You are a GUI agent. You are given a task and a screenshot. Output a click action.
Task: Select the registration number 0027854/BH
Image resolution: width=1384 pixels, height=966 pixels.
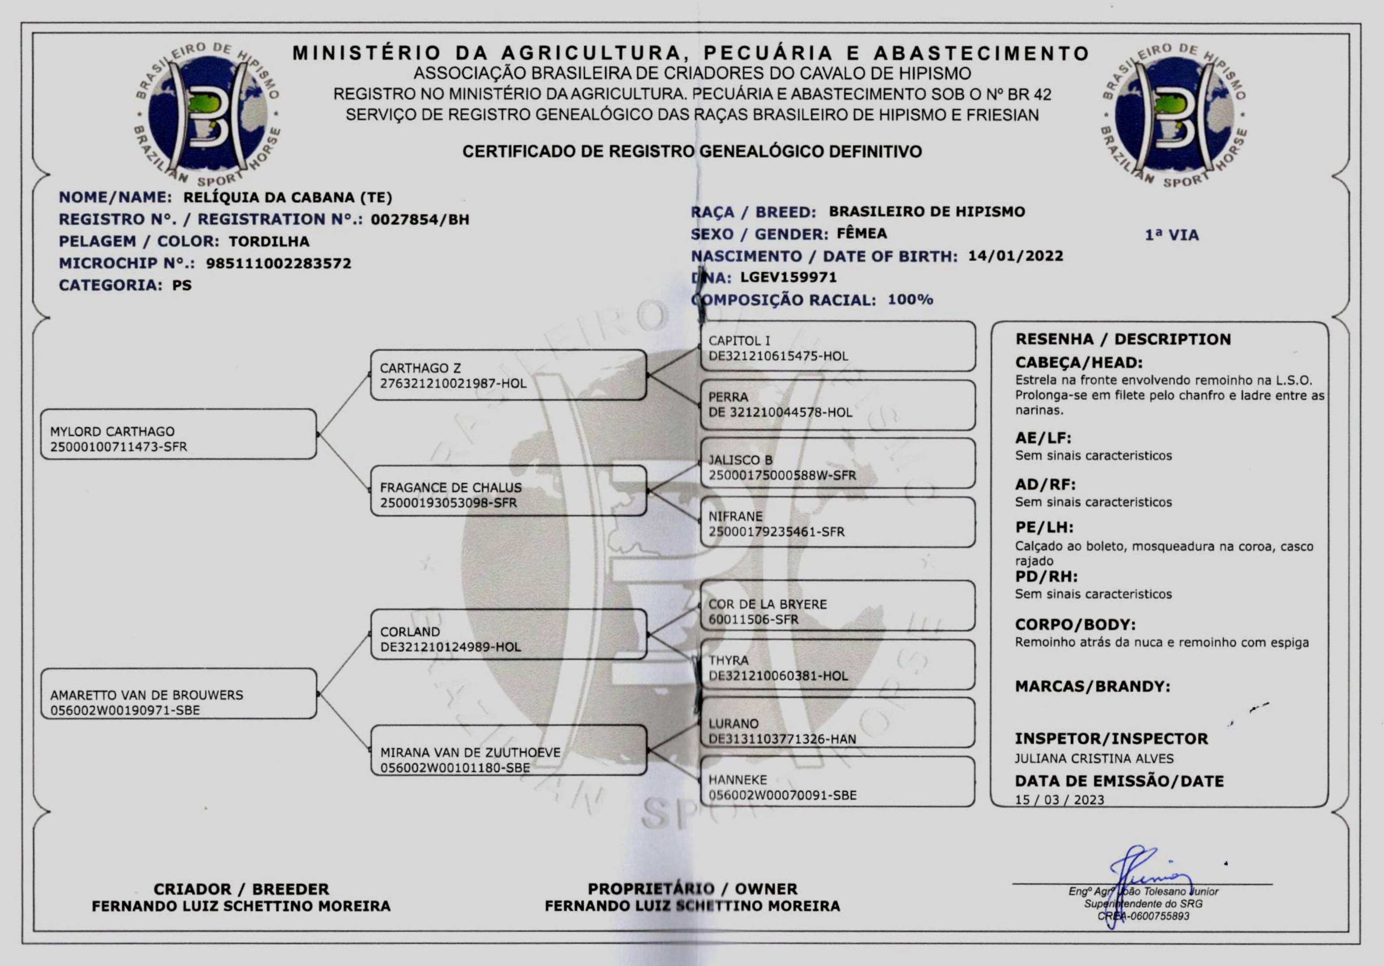(x=420, y=219)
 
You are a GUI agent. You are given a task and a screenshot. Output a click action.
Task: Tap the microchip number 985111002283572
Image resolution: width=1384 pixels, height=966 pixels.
(x=278, y=263)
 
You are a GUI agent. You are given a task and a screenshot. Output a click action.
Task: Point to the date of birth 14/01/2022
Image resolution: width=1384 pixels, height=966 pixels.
(x=1015, y=256)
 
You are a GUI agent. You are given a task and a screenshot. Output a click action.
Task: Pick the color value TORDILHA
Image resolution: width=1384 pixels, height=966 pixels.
(x=269, y=241)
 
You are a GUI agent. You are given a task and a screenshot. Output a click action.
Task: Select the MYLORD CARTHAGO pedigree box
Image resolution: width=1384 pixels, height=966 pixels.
(x=178, y=434)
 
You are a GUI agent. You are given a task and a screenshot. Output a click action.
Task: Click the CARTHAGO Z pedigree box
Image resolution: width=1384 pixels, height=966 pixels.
(x=508, y=375)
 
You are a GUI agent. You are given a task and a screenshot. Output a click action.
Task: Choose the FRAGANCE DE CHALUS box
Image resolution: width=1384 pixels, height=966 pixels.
(x=508, y=490)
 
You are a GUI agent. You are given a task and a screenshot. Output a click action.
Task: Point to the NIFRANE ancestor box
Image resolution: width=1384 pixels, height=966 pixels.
(x=837, y=522)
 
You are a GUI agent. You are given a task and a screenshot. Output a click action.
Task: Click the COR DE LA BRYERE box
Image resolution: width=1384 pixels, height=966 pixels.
(x=837, y=606)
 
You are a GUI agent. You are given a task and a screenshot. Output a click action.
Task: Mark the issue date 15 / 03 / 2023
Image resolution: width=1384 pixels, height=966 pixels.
(x=1059, y=800)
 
